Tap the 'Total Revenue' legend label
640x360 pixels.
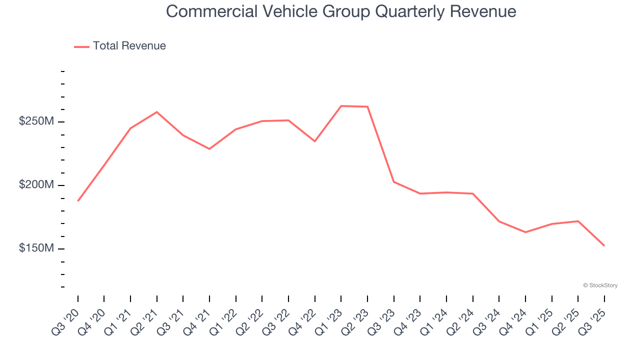coord(129,46)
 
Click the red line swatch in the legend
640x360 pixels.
coord(81,46)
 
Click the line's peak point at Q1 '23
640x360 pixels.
coord(341,106)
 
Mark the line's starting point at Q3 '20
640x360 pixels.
coord(78,201)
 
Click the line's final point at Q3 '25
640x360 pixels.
coord(604,245)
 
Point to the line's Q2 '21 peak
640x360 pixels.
coord(157,112)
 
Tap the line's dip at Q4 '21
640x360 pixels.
coord(209,149)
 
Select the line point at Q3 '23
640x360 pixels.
coord(394,181)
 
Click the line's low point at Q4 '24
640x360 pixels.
coord(525,232)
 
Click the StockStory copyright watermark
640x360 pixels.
coord(600,285)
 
